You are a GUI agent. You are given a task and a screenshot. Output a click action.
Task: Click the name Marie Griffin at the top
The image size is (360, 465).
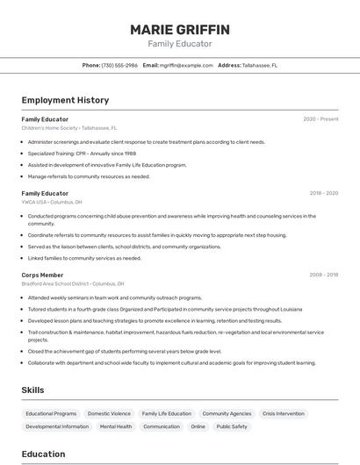click(180, 29)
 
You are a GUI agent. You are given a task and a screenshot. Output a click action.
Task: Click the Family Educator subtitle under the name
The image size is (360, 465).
click(180, 43)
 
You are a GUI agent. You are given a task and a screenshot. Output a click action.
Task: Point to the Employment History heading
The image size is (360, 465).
click(65, 100)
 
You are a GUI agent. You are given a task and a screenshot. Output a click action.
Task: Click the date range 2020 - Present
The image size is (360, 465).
click(320, 119)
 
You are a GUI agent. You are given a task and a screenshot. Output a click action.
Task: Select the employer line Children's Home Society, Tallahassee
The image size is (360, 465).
click(69, 128)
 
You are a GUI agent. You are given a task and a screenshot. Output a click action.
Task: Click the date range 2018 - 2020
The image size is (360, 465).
click(323, 193)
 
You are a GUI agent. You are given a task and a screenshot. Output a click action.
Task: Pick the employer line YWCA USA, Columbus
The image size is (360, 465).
click(52, 202)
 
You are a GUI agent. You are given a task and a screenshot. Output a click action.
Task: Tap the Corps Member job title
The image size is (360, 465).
click(42, 275)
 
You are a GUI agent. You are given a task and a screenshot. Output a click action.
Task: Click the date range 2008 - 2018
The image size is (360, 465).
click(323, 275)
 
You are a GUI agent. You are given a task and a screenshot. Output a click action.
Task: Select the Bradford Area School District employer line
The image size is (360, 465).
click(73, 283)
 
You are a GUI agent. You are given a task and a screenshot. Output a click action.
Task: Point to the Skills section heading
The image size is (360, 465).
click(32, 390)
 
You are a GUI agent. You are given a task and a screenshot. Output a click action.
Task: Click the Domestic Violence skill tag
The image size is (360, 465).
click(109, 413)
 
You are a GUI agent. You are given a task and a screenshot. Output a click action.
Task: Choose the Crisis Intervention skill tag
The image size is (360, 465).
click(283, 413)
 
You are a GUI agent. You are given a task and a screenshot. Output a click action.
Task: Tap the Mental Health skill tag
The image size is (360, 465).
click(116, 426)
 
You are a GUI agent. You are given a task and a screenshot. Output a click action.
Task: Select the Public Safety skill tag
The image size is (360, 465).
click(232, 426)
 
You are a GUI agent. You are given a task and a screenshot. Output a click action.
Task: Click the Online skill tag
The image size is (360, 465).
click(198, 426)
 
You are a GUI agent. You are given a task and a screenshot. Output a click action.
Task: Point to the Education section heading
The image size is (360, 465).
click(43, 454)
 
